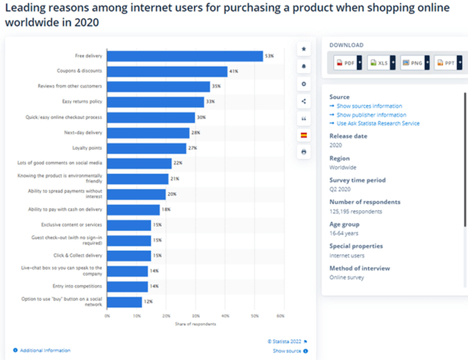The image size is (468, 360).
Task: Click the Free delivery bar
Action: tap(185, 56)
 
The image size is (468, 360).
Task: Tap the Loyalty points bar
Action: tap(146, 148)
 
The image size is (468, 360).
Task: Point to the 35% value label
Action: tap(217, 87)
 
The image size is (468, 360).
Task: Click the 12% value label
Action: tap(148, 302)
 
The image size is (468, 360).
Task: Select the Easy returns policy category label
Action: tap(83, 102)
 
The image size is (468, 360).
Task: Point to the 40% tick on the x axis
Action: tap(225, 315)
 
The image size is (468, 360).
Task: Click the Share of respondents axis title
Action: tap(194, 323)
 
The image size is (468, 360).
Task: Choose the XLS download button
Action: tap(380, 63)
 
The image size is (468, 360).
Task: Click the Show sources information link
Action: tap(369, 106)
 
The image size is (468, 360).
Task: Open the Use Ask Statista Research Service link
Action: tap(379, 123)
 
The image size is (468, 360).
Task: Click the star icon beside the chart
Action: tap(304, 49)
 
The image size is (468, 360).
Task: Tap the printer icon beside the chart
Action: tap(304, 153)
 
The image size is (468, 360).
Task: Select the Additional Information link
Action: tap(44, 351)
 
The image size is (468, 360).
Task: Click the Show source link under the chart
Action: tap(287, 351)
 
